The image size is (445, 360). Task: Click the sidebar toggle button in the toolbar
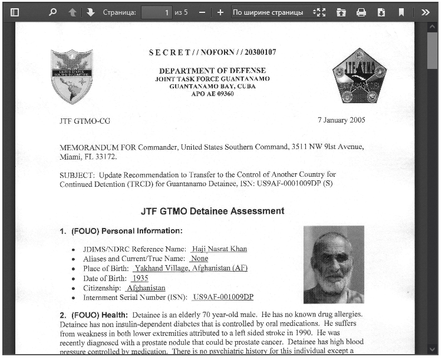pos(15,12)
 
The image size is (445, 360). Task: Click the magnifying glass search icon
pos(52,12)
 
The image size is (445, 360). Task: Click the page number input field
pos(156,12)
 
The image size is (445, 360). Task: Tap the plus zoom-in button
pos(220,12)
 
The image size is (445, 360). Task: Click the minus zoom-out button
pos(202,12)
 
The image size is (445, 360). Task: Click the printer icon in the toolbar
pos(361,12)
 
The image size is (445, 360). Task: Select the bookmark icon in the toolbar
pos(401,12)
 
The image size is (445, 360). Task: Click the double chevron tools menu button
pos(426,12)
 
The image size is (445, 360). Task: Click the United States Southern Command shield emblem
pos(71,76)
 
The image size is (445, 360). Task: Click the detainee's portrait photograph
pos(334,265)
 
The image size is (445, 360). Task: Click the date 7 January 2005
pos(341,120)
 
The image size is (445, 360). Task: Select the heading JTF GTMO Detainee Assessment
pos(212,211)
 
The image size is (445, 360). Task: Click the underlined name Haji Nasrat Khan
pos(219,249)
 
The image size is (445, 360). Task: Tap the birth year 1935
pos(140,278)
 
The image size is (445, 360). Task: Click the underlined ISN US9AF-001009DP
pos(223,297)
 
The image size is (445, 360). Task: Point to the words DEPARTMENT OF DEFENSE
pos(212,71)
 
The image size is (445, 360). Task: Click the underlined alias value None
pos(199,259)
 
